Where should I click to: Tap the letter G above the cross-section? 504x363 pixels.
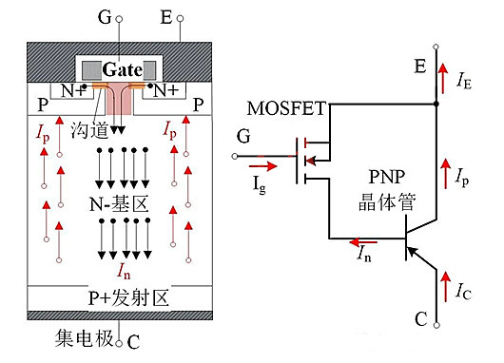(x=118, y=16)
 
